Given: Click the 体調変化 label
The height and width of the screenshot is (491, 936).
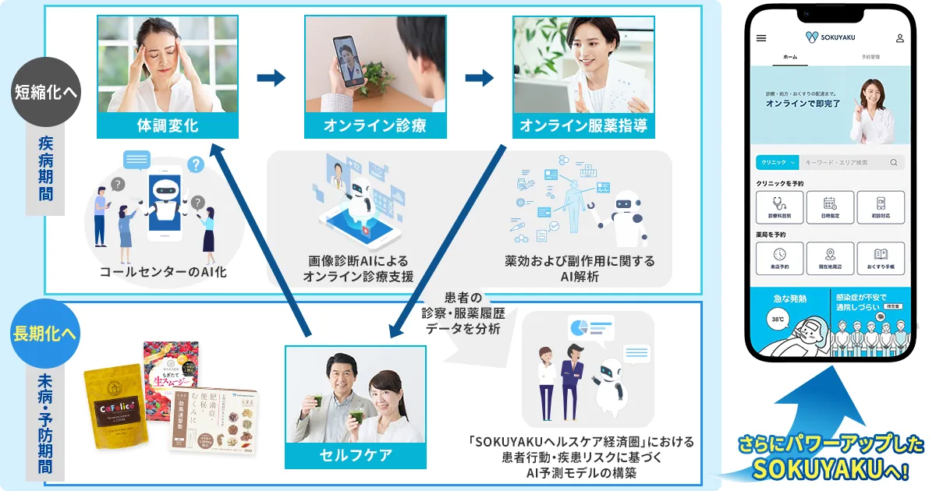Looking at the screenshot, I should [x=168, y=125].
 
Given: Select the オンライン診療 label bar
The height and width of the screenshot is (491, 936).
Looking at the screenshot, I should [x=375, y=125].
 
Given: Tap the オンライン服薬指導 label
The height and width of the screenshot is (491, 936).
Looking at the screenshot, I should [x=583, y=125].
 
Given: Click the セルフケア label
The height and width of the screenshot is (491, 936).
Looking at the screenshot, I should [x=355, y=454].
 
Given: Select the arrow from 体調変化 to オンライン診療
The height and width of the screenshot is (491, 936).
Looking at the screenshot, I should [x=271, y=78].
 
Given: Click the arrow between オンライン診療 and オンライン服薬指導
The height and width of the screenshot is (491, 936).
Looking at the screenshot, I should [x=480, y=78].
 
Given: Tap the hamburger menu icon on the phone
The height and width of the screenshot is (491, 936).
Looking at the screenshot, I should [x=761, y=37].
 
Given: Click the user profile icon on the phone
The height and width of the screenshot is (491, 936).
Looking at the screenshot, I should [x=899, y=37].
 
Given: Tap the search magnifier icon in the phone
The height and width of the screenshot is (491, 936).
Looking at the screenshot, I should [x=894, y=162].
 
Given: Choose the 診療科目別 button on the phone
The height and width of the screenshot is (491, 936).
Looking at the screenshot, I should [x=779, y=207].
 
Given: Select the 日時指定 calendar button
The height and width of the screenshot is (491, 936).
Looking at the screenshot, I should [x=830, y=207].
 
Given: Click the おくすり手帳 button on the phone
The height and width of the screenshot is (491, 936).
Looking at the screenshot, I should [x=881, y=258].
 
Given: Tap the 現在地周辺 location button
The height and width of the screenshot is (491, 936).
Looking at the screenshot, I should [x=830, y=258].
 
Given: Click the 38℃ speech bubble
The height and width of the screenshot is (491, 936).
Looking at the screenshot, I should [x=778, y=320].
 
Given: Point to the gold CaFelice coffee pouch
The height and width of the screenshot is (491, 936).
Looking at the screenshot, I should [x=116, y=406].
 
